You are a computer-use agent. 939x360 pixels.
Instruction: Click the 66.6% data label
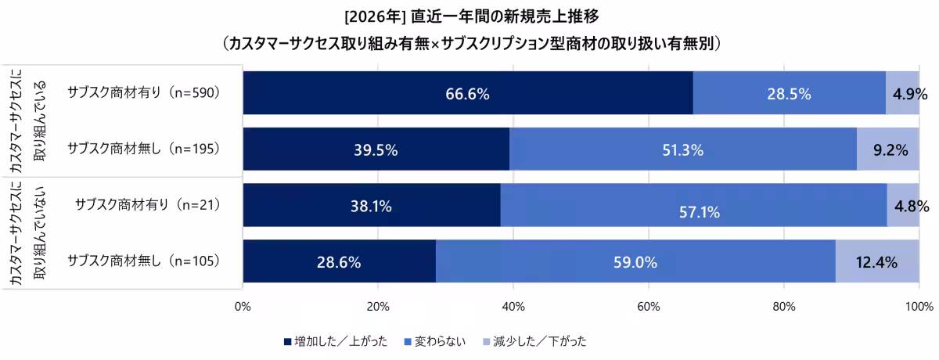tap(467, 94)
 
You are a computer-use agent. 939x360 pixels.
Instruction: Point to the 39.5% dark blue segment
tap(376, 149)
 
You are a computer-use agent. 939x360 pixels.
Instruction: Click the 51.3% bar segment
tap(682, 149)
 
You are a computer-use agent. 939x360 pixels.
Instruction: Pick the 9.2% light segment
tap(887, 149)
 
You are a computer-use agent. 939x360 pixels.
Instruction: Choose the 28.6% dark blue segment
tap(339, 262)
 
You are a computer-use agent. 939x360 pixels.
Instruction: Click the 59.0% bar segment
tap(635, 262)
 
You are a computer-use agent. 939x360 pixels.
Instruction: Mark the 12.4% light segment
tap(876, 262)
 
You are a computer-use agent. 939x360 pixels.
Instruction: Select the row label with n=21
tap(146, 205)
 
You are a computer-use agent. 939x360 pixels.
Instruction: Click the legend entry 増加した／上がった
tap(335, 341)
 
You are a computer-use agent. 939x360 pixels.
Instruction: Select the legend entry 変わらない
tap(434, 341)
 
